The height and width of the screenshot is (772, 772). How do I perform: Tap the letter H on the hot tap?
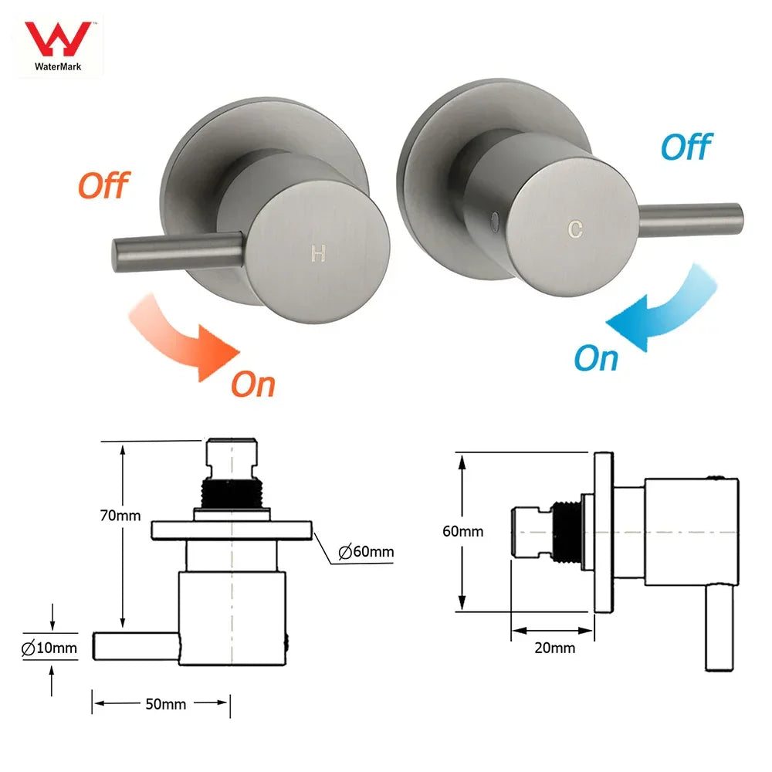click(317, 253)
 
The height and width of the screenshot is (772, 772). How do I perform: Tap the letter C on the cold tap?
click(574, 229)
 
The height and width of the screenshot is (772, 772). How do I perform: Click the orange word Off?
click(103, 185)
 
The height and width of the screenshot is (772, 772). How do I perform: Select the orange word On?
click(253, 384)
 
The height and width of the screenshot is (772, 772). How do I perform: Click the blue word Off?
click(686, 146)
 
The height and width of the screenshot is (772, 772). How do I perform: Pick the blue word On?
click(596, 358)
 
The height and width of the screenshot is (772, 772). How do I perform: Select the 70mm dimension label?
click(120, 515)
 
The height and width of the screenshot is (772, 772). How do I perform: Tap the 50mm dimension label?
click(161, 703)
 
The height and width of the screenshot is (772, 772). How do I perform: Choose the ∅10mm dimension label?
click(49, 648)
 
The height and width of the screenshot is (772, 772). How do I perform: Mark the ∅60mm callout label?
click(366, 551)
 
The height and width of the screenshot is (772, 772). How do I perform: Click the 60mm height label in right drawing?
click(463, 531)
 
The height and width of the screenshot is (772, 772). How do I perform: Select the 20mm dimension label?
click(555, 648)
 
